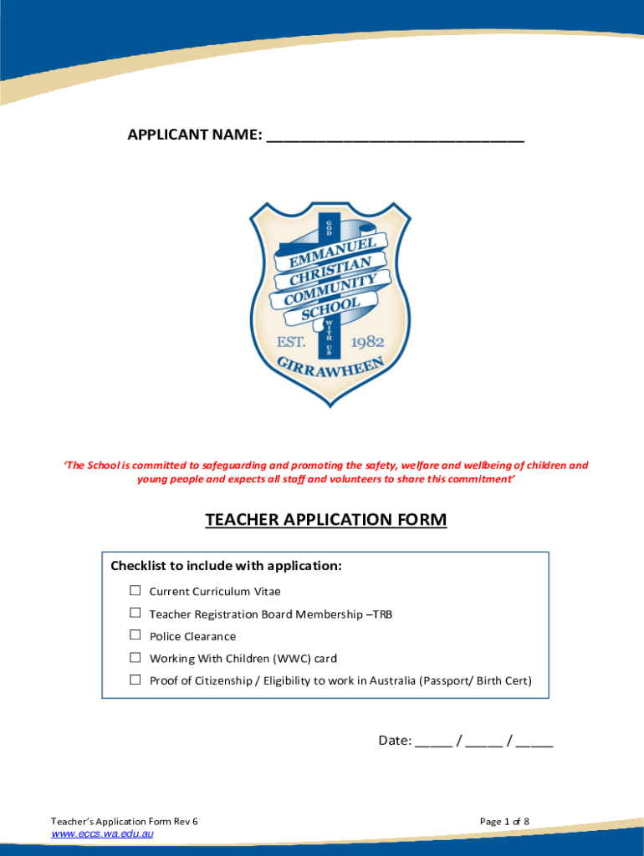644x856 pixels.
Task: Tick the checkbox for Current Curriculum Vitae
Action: [135, 591]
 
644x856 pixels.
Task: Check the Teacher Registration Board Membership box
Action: [135, 614]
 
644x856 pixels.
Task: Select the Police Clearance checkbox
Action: [135, 635]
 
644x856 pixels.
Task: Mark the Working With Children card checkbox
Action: [135, 658]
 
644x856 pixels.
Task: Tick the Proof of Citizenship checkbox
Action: [135, 680]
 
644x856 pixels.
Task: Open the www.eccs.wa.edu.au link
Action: [102, 834]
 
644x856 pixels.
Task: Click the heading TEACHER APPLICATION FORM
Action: [326, 520]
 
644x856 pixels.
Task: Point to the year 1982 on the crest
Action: [366, 342]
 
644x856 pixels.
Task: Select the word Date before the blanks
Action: [393, 740]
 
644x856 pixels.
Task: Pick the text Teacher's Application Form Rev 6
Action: [125, 822]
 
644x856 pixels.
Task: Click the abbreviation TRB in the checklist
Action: [382, 614]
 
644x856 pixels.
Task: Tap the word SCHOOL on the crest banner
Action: [330, 308]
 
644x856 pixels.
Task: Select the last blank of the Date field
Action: [534, 741]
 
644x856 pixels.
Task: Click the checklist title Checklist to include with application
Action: [226, 566]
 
